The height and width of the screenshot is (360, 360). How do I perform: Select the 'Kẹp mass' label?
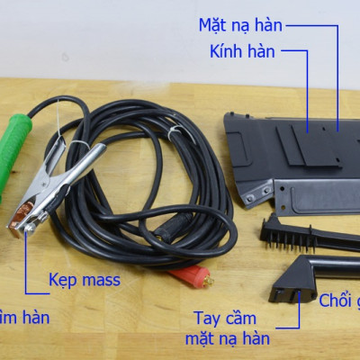click(x=84, y=281)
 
